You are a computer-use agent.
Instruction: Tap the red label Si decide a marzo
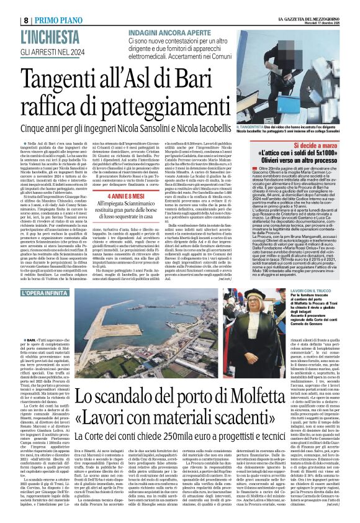point(308,142)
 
